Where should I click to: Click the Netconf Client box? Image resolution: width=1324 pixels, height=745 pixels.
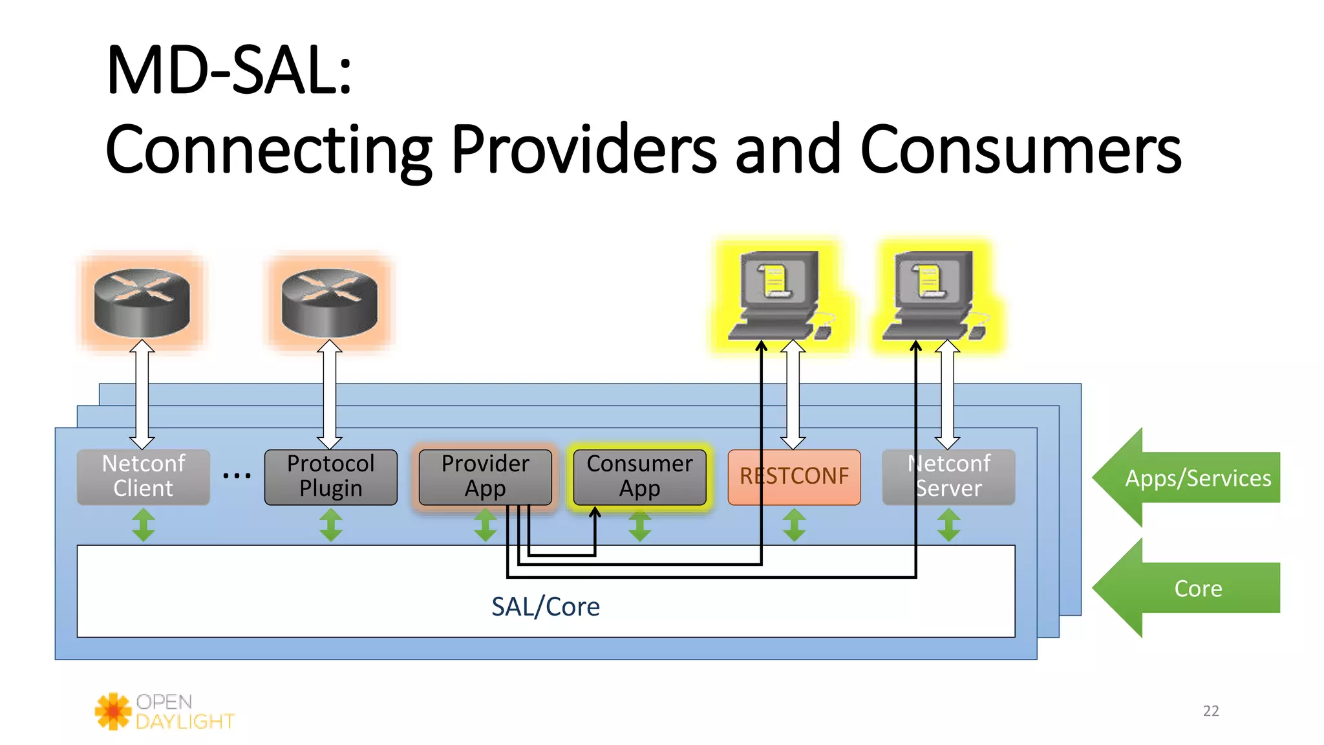(143, 477)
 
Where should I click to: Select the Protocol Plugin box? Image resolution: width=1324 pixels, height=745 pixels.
(330, 477)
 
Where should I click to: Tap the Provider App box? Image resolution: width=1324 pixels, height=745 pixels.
(485, 477)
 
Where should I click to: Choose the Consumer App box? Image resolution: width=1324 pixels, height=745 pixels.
(639, 477)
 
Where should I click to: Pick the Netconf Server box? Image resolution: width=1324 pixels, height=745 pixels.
(948, 477)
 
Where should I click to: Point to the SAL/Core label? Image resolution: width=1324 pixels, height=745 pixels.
(545, 607)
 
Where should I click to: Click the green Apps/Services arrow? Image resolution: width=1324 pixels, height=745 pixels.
(1190, 478)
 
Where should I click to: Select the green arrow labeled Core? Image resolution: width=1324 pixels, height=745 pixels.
(1190, 588)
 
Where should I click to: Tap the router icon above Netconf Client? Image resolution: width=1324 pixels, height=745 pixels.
(142, 303)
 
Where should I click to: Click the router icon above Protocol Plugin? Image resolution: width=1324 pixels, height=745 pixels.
(330, 303)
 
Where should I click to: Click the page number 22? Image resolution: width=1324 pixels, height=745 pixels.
(1211, 711)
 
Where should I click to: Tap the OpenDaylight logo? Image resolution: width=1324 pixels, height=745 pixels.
(165, 711)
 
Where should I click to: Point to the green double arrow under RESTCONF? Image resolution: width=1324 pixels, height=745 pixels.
(794, 524)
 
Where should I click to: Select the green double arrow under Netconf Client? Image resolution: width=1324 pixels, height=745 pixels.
(143, 524)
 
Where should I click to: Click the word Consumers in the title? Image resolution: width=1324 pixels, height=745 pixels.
(1020, 150)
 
